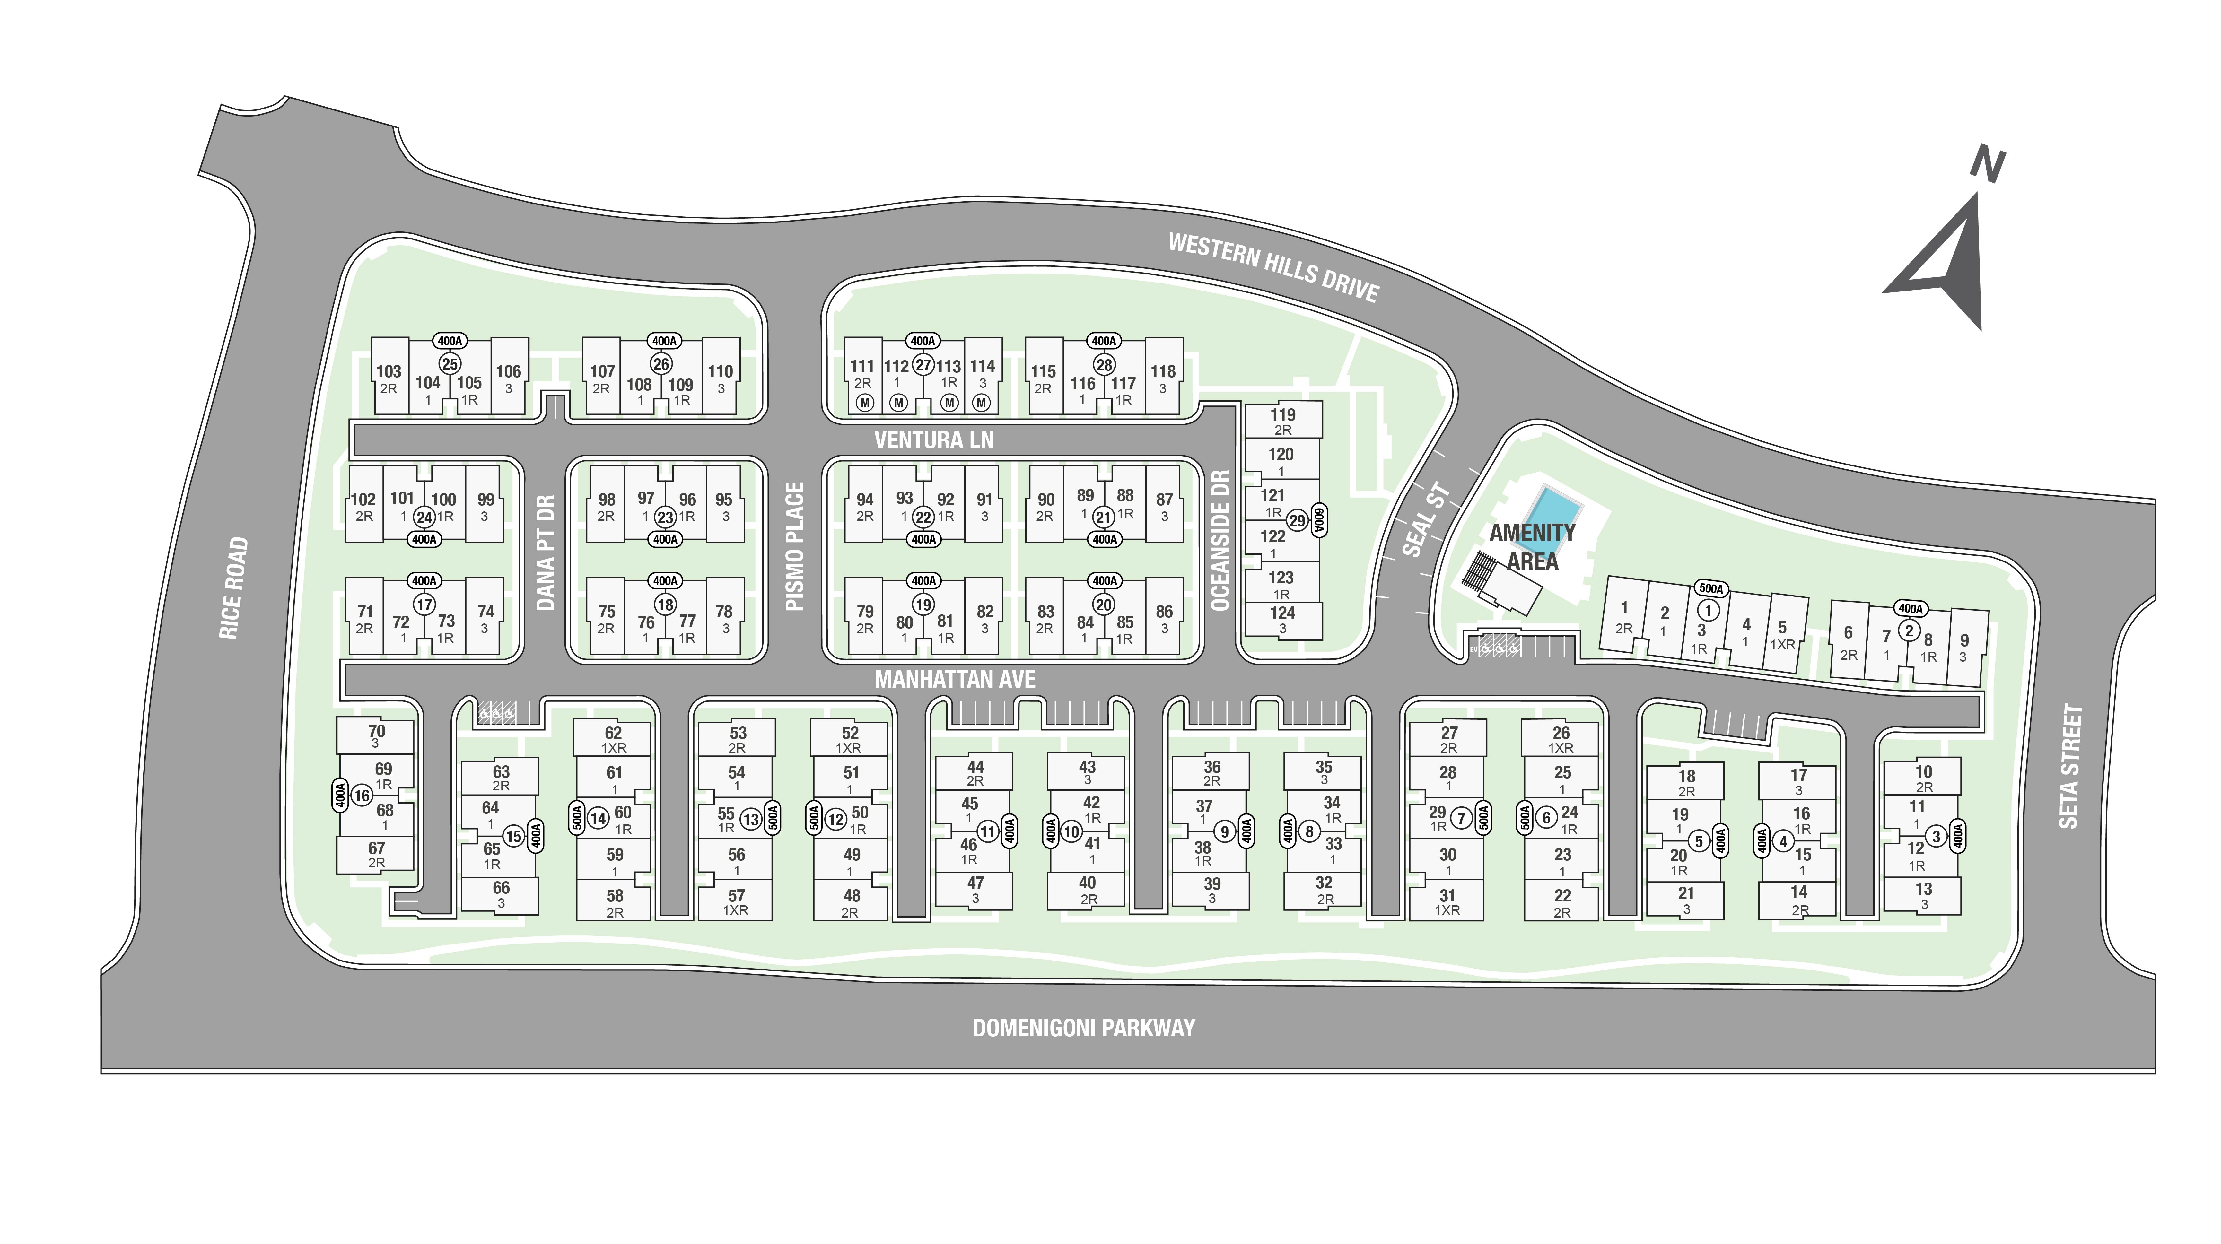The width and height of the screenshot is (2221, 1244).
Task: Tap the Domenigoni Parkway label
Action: (x=1084, y=1028)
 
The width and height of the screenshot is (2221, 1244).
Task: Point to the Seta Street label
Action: (x=2070, y=766)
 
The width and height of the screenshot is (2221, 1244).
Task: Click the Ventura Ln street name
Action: (x=934, y=440)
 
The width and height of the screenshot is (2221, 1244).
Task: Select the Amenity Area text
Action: (x=1532, y=547)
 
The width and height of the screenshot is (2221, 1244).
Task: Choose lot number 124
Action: (x=1282, y=613)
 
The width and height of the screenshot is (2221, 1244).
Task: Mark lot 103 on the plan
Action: (x=389, y=371)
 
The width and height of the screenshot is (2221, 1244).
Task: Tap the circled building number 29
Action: (x=1297, y=521)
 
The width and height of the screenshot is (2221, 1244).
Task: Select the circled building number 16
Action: (x=361, y=796)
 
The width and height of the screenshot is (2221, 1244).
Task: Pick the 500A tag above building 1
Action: (x=1710, y=589)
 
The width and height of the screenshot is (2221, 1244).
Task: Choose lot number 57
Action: (x=736, y=896)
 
